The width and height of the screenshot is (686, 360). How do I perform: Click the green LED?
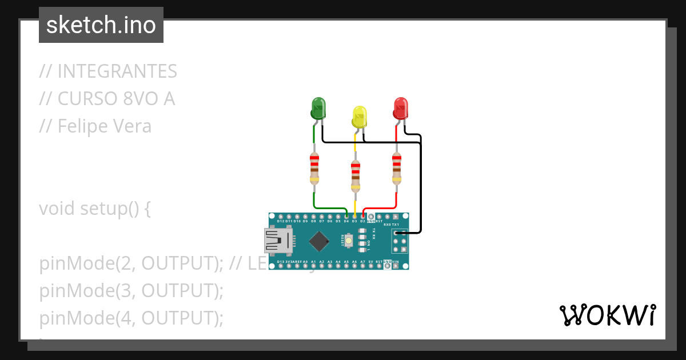click(x=318, y=108)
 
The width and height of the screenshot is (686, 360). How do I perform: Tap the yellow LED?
click(x=359, y=117)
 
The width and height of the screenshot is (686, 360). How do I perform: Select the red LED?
click(x=401, y=108)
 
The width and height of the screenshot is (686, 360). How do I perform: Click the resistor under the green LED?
click(x=314, y=169)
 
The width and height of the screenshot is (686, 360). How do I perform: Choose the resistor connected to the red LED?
click(x=396, y=169)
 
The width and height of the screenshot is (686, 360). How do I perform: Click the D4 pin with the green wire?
click(x=346, y=217)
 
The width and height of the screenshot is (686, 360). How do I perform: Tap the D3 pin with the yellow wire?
click(x=355, y=217)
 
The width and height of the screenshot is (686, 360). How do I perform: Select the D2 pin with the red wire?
click(x=363, y=217)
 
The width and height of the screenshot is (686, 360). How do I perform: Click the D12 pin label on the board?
click(x=280, y=221)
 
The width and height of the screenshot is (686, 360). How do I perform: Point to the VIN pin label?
click(x=395, y=262)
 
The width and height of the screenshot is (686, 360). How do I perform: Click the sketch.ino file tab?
click(x=101, y=25)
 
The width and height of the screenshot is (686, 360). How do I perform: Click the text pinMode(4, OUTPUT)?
click(x=131, y=318)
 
